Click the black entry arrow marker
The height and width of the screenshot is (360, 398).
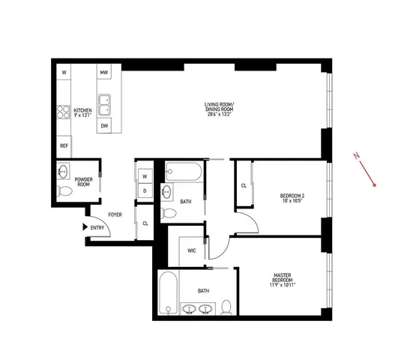85,226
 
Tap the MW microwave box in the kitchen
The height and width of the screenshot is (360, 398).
104,72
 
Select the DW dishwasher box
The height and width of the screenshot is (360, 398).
104,125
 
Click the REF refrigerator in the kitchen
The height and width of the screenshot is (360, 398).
64,146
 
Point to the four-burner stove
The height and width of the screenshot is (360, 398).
63,112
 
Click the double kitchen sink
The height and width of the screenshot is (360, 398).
104,105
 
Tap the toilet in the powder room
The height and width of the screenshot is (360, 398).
64,191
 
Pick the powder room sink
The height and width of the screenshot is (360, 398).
63,171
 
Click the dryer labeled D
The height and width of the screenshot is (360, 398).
145,190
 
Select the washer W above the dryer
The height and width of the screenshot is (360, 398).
145,176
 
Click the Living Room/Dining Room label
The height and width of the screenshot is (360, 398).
219,107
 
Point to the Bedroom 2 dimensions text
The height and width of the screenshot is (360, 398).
292,200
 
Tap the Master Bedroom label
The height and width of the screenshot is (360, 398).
283,277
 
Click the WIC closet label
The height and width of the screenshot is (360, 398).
192,250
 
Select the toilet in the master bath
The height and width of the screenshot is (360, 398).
226,307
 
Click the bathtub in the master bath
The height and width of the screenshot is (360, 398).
169,293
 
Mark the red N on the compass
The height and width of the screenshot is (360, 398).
357,155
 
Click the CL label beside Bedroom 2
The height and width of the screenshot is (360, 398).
244,186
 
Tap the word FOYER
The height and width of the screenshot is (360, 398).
115,214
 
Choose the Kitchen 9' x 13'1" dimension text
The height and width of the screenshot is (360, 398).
82,115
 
